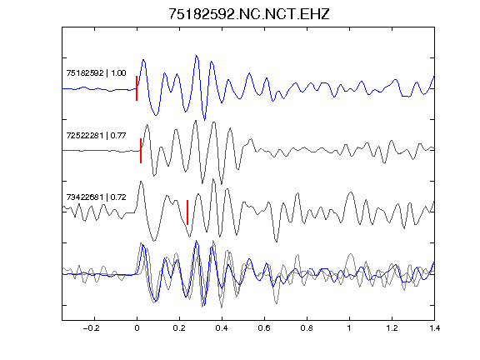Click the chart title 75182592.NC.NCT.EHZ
(x=249, y=14)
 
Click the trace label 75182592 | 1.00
(x=96, y=72)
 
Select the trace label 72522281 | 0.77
(x=96, y=135)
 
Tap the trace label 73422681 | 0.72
(x=96, y=197)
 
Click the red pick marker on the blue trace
(x=137, y=88)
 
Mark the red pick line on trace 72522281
(x=141, y=151)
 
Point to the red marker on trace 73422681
(x=187, y=212)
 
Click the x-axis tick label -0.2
(x=92, y=328)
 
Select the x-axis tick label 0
(x=137, y=328)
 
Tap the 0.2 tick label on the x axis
(x=179, y=328)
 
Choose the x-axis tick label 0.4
(x=222, y=328)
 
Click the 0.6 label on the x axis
(x=264, y=328)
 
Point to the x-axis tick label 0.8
(x=307, y=328)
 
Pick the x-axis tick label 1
(x=349, y=328)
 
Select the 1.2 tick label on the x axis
(x=392, y=328)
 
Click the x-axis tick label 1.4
(x=434, y=328)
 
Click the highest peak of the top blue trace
(x=197, y=56)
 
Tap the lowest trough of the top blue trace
(x=205, y=120)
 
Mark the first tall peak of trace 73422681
(x=141, y=182)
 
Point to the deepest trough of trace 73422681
(x=277, y=242)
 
